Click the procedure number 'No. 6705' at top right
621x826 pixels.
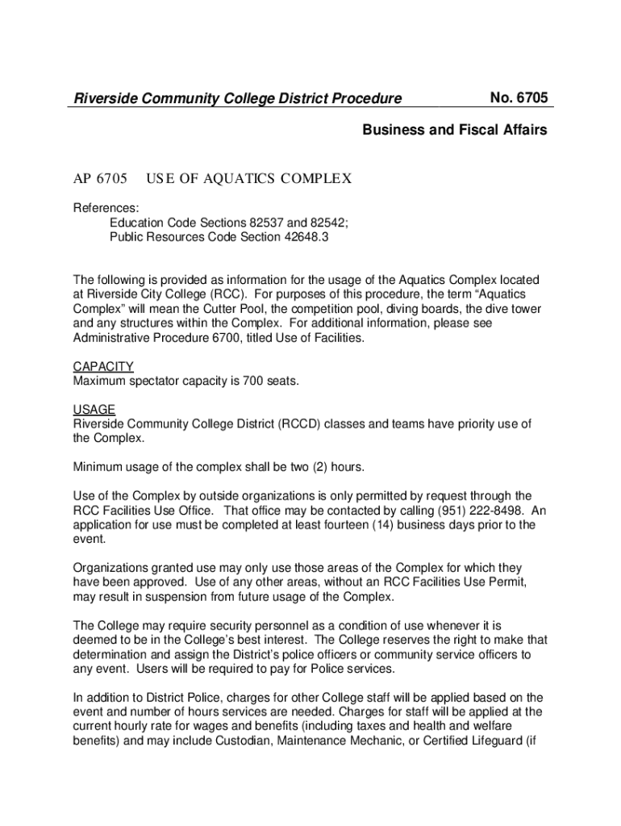519,98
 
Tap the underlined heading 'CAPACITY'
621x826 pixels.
103,366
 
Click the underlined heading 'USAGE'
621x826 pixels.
94,410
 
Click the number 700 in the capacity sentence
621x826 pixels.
254,381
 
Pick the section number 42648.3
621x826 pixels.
302,237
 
